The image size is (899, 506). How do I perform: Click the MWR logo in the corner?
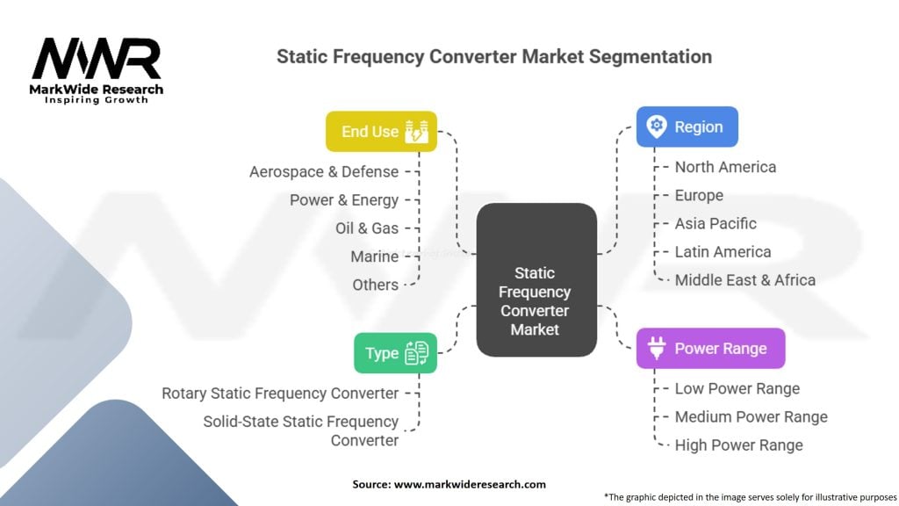click(x=97, y=70)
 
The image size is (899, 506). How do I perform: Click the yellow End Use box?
click(x=381, y=132)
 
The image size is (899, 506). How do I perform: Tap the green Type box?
click(x=395, y=353)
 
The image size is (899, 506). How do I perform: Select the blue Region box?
click(x=687, y=126)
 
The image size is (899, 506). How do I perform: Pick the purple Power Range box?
click(x=710, y=348)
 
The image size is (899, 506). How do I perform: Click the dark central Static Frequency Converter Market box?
click(x=536, y=280)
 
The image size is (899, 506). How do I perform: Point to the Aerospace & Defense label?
click(x=324, y=171)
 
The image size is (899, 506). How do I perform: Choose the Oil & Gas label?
click(x=367, y=228)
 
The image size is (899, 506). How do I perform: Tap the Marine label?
click(x=374, y=257)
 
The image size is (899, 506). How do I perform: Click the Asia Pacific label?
click(x=716, y=223)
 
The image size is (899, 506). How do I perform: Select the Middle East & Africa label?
click(x=744, y=280)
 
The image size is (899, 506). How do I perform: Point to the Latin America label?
click(x=723, y=252)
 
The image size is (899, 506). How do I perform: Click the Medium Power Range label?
click(x=752, y=416)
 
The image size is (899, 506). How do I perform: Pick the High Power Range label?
click(x=738, y=445)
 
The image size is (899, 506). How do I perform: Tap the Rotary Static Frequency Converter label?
click(x=280, y=394)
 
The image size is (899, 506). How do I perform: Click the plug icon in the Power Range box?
click(x=657, y=348)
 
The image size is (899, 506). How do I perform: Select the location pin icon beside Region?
click(x=657, y=126)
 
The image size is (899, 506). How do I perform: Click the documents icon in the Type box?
click(x=416, y=353)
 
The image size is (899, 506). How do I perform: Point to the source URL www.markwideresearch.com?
click(x=470, y=484)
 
